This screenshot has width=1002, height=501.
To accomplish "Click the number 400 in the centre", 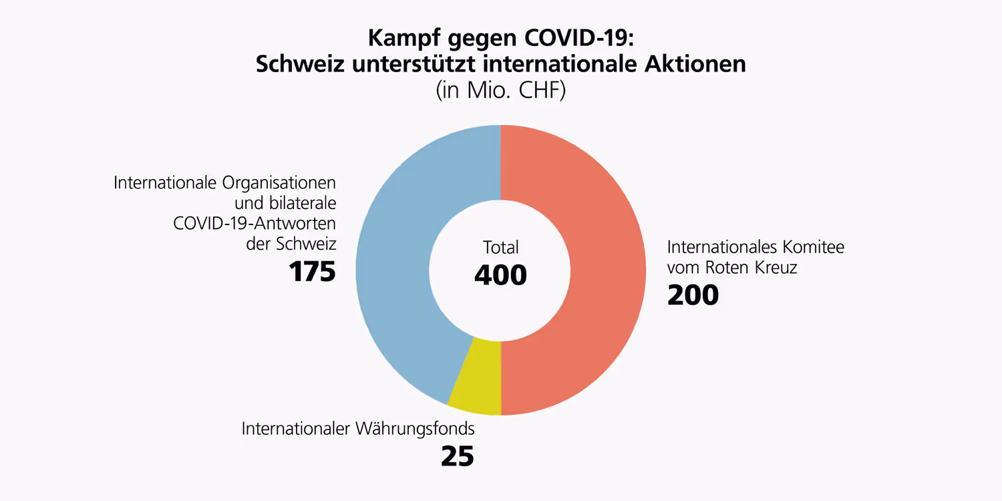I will pyautogui.click(x=500, y=275).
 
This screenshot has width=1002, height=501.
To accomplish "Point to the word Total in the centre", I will pyautogui.click(x=500, y=248).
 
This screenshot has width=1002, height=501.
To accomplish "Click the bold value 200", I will pyautogui.click(x=693, y=295).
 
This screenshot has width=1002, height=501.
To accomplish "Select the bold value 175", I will pyautogui.click(x=312, y=272).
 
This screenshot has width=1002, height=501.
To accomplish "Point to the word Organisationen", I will pyautogui.click(x=279, y=182).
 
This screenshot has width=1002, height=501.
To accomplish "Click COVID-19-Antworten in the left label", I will pyautogui.click(x=255, y=223).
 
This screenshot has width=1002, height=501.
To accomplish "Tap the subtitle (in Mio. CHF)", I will pyautogui.click(x=500, y=90).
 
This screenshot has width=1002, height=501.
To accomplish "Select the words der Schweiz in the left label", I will pyautogui.click(x=291, y=244).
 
